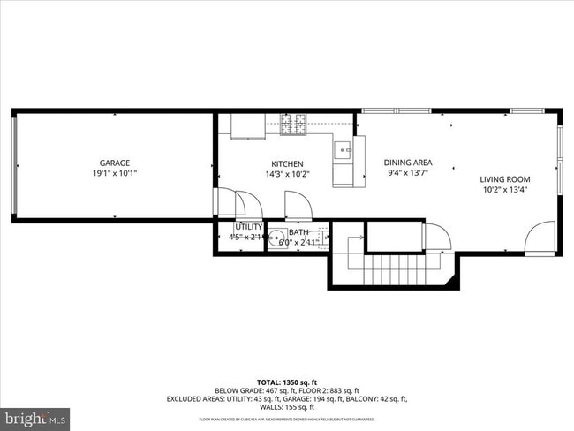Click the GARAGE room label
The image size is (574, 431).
[x=115, y=163]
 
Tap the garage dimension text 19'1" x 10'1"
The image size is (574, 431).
[x=115, y=174]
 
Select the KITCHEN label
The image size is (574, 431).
[x=287, y=163]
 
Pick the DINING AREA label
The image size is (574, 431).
[x=407, y=163]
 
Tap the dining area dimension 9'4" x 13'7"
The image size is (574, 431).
[x=407, y=174]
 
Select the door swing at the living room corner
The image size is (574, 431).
[x=540, y=238]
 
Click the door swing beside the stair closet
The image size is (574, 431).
[x=436, y=237]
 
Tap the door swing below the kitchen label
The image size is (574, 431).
[x=297, y=209]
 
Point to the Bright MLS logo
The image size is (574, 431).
[x=36, y=415]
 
